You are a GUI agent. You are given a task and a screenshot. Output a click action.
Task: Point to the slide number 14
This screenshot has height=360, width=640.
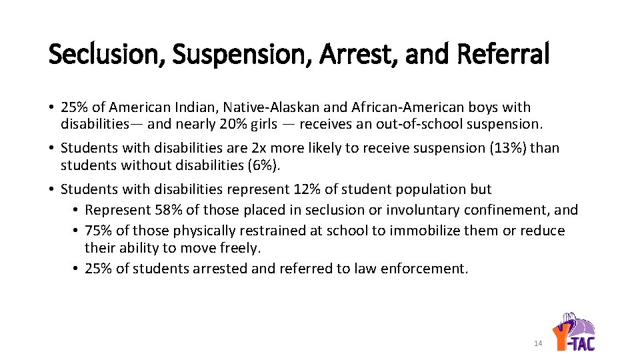538,343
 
